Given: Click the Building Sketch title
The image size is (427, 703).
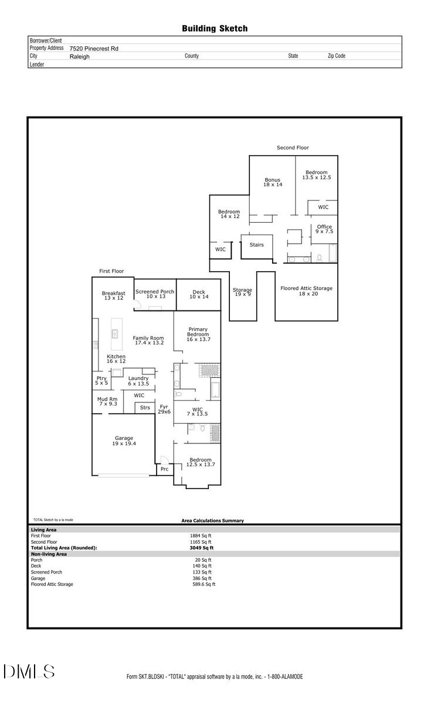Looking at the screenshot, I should pyautogui.click(x=215, y=28).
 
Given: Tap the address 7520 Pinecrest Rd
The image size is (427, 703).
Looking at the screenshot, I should pyautogui.click(x=94, y=49).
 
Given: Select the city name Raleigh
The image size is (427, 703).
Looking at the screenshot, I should pyautogui.click(x=80, y=57).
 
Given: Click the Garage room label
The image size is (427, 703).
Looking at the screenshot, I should pyautogui.click(x=124, y=441).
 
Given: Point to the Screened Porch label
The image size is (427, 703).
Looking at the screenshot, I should pyautogui.click(x=155, y=294).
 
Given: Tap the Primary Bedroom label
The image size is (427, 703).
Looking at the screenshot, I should pyautogui.click(x=198, y=335).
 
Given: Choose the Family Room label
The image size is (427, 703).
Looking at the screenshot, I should pyautogui.click(x=148, y=340).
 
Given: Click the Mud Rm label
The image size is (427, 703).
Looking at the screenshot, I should pyautogui.click(x=107, y=401).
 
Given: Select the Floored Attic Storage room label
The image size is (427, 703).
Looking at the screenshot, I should pyautogui.click(x=306, y=291).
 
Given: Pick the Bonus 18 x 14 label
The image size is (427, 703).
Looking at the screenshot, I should pyautogui.click(x=272, y=182).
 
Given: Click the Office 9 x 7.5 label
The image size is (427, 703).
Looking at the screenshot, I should pyautogui.click(x=324, y=229).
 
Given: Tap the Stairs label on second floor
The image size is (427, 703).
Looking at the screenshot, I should pyautogui.click(x=257, y=245).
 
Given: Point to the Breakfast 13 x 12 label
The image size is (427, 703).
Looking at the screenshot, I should pyautogui.click(x=113, y=296).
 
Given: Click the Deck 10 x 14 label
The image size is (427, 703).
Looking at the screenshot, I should pyautogui.click(x=199, y=294).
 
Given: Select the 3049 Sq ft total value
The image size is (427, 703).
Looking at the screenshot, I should pyautogui.click(x=202, y=548).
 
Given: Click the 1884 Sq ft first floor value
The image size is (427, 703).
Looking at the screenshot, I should pyautogui.click(x=201, y=535).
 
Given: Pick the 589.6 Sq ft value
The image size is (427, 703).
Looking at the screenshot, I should pyautogui.click(x=202, y=584).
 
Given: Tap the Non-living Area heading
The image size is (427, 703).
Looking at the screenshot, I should pyautogui.click(x=49, y=554).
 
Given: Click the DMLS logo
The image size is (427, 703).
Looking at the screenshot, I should pyautogui.click(x=29, y=672).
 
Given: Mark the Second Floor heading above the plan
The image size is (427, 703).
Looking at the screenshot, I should pyautogui.click(x=293, y=148).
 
